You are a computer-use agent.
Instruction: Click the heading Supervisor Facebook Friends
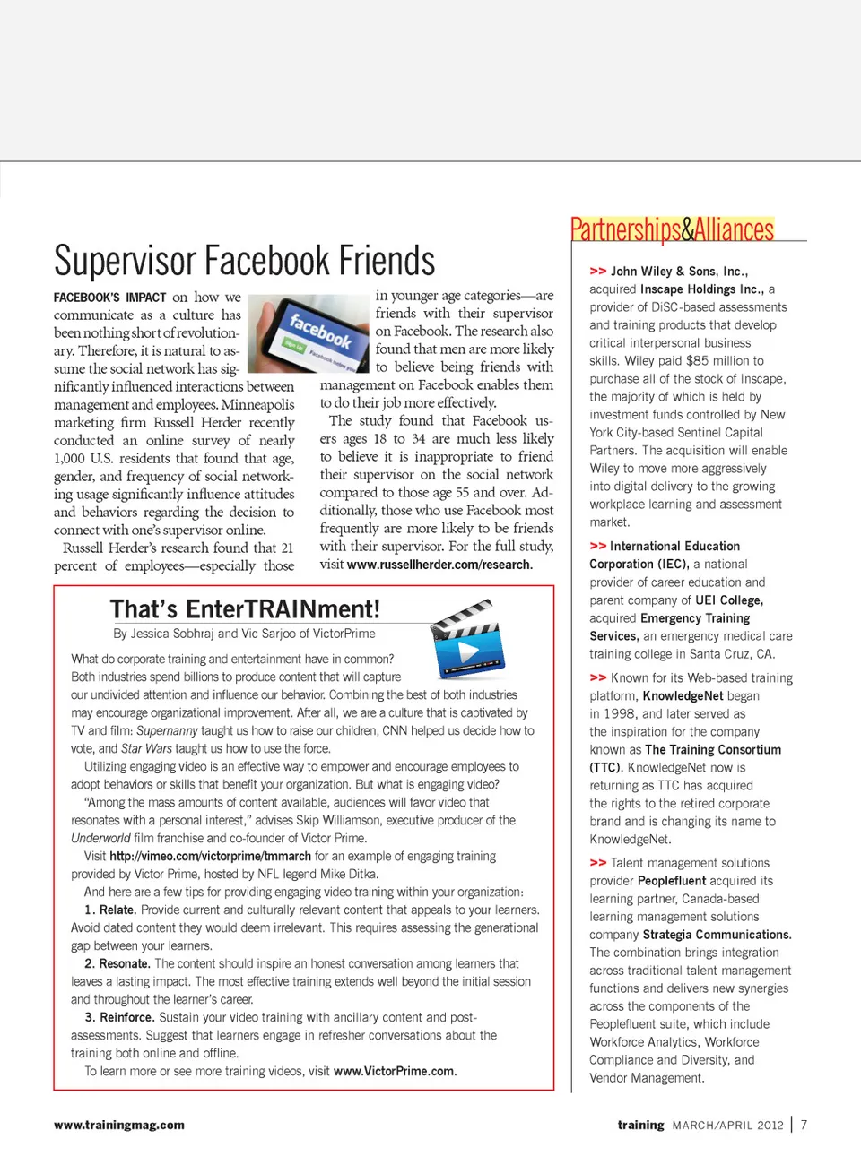point(244,261)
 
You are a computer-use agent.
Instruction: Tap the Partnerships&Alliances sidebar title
point(672,230)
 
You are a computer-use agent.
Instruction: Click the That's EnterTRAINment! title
point(245,609)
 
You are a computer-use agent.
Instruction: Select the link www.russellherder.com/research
point(439,565)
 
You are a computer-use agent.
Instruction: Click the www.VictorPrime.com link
point(395,1071)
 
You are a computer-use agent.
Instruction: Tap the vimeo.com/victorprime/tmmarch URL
point(211,856)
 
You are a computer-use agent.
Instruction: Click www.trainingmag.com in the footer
point(119,1125)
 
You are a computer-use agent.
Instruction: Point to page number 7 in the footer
point(804,1125)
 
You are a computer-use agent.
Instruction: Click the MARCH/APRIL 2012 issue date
point(727,1125)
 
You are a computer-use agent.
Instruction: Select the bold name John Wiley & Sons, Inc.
point(679,271)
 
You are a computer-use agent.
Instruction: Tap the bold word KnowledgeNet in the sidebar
point(683,695)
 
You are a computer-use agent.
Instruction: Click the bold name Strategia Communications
point(717,935)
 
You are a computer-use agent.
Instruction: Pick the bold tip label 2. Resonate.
point(117,963)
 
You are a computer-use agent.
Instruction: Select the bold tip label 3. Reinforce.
point(119,1017)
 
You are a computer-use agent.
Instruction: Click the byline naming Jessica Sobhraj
point(244,634)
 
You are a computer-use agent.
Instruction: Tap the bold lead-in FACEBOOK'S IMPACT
point(109,298)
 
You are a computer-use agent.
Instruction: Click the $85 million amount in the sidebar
point(723,360)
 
